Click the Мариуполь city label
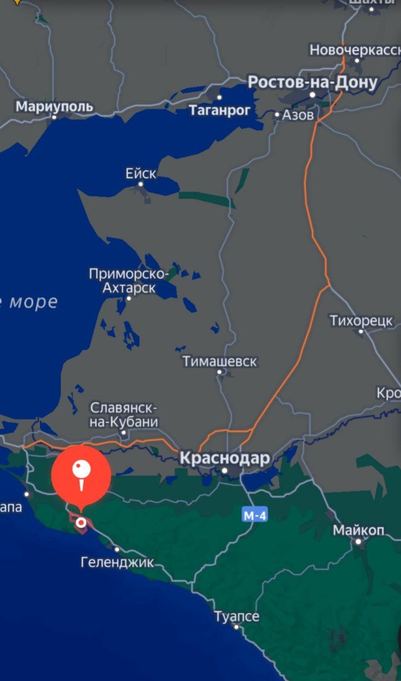54,106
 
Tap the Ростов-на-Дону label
312,82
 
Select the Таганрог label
219,110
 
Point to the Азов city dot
277,114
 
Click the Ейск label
141,173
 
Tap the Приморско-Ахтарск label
129,281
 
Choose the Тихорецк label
361,321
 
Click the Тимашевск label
220,362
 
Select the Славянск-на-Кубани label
124,415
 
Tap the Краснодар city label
225,458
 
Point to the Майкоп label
359,530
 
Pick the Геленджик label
117,561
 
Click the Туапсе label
237,617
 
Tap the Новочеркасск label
355,50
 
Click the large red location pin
81,475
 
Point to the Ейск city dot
141,184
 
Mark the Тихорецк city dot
361,331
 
